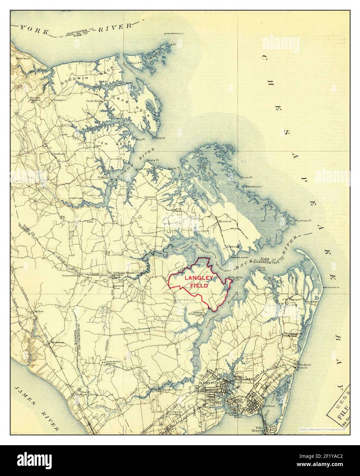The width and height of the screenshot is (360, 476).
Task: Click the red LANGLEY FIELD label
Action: click(x=199, y=281)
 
